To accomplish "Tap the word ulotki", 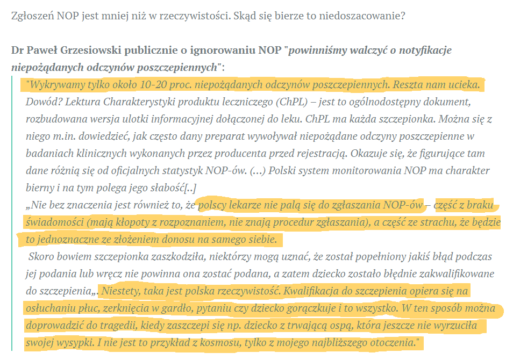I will [189, 119].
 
